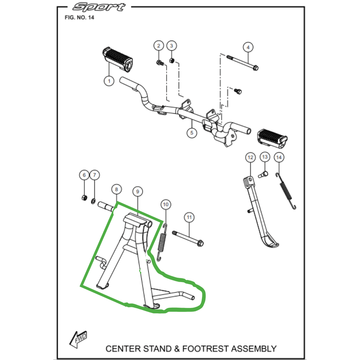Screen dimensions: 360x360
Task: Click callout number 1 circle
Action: coord(108,81)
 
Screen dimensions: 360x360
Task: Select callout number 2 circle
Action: coord(158,45)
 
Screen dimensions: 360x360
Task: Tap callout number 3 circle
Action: coord(171,45)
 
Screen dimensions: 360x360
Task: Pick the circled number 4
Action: coord(247,46)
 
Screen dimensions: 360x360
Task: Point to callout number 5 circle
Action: coord(191,133)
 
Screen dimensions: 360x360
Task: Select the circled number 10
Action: coord(166,205)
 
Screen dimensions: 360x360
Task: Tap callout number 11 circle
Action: coord(189,217)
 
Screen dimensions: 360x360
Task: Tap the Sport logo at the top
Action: coord(99,7)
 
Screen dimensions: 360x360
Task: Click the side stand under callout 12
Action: coord(259,211)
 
